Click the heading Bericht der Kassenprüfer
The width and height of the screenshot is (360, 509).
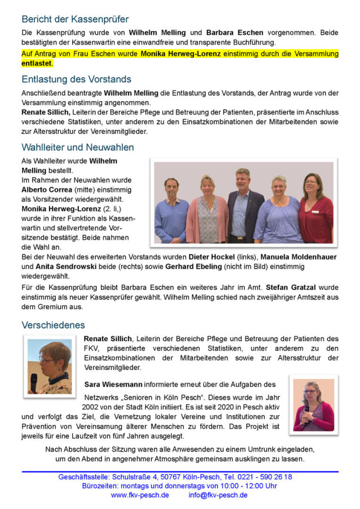pos(75,20)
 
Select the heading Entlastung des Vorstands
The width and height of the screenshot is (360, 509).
pos(76,79)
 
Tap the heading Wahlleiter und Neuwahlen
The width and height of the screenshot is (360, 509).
pos(78,148)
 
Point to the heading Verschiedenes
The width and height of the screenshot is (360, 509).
pos(53,325)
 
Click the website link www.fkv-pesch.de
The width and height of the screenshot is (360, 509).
pos(140,495)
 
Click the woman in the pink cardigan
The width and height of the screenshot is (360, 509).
pos(207,210)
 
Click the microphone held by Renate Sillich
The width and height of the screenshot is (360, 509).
pos(34,382)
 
